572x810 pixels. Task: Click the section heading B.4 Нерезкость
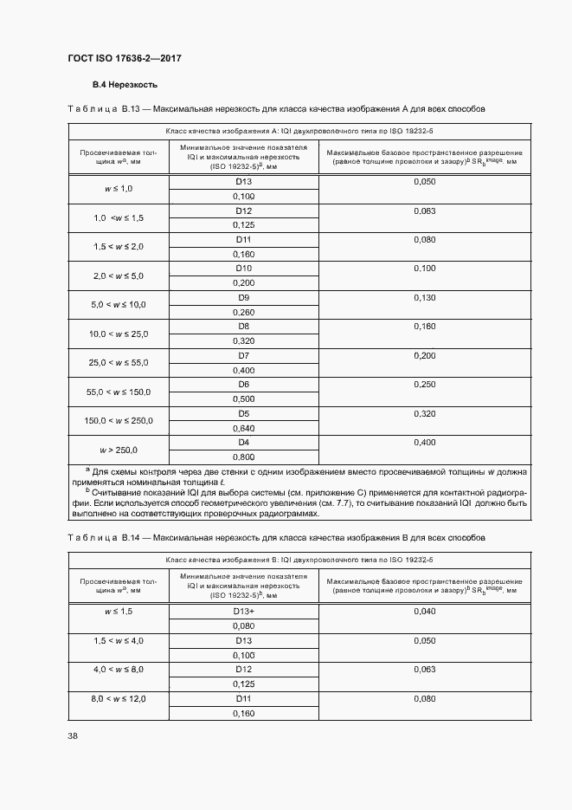tap(125, 86)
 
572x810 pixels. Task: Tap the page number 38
tap(73, 736)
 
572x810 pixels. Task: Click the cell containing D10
tap(243, 269)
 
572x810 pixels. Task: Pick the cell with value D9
tap(243, 297)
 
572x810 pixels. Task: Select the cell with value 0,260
tap(243, 312)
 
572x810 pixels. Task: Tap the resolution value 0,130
tap(425, 297)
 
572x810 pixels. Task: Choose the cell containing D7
tap(243, 355)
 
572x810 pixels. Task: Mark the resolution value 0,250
tap(425, 384)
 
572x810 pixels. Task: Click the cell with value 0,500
tap(243, 399)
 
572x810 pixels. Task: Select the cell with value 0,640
tap(243, 427)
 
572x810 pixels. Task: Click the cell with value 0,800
tap(243, 457)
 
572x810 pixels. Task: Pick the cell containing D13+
tap(243, 612)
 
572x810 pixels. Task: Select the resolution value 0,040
tap(425, 612)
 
